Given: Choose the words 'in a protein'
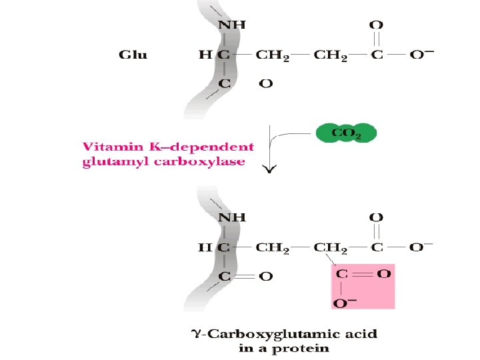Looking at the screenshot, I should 285,347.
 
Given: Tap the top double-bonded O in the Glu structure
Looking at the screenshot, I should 377,25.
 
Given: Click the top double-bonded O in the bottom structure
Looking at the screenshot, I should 377,217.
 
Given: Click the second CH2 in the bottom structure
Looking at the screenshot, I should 331,247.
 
